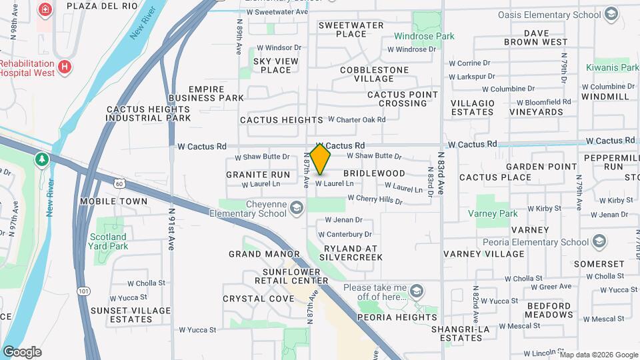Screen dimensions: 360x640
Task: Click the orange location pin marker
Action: pos(321,159)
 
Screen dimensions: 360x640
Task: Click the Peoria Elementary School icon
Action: pos(599,241)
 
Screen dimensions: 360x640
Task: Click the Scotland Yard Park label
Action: pos(109,241)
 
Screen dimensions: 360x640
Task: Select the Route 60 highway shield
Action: pos(118,183)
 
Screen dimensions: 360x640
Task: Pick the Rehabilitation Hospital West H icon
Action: pos(65,67)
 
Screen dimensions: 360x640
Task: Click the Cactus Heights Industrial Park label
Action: pos(149,113)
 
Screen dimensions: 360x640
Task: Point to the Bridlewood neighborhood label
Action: pos(374,173)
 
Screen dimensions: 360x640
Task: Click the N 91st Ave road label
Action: pos(171,229)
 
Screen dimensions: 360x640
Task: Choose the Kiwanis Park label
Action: pos(612,67)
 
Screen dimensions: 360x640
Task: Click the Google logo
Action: pos(22,351)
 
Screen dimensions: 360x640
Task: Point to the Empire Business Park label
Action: pos(207,93)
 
